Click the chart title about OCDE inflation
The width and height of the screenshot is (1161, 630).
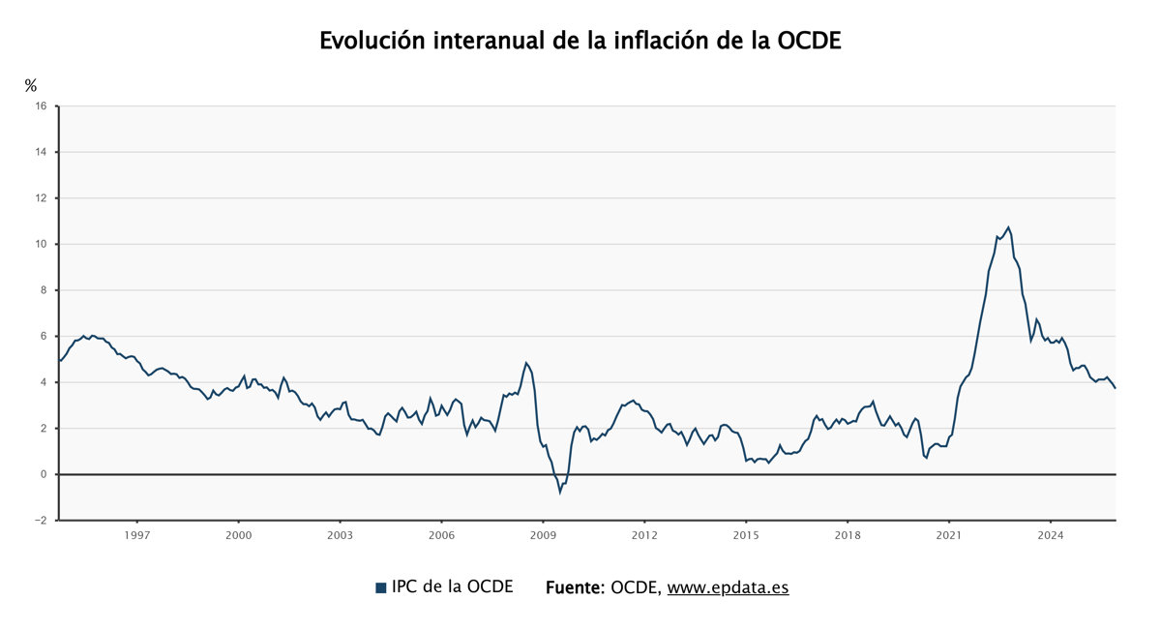point(580,41)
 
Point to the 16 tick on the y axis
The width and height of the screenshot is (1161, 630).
point(41,106)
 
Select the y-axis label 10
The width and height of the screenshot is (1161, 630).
point(41,244)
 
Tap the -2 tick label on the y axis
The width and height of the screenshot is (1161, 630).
point(40,520)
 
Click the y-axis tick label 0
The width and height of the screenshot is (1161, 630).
point(44,474)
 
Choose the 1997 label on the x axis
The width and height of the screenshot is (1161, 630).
point(136,534)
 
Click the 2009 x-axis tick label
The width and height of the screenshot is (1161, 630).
point(543,534)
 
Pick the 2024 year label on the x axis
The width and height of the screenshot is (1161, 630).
point(1051,534)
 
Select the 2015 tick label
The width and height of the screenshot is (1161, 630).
point(746,534)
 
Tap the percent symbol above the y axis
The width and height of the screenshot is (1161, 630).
point(31,86)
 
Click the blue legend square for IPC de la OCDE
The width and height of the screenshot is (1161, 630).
point(380,587)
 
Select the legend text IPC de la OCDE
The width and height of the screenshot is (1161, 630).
point(452,587)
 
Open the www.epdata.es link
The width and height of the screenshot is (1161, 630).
point(728,587)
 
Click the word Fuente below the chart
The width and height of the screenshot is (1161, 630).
point(575,587)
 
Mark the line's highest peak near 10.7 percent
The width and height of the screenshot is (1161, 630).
point(1008,227)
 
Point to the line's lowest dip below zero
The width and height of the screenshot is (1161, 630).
point(559,493)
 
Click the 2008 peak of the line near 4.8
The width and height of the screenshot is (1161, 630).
point(526,363)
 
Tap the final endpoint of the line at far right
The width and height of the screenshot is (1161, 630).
point(1115,388)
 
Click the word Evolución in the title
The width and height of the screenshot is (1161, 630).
point(372,41)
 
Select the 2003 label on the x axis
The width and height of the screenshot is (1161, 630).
point(340,534)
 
